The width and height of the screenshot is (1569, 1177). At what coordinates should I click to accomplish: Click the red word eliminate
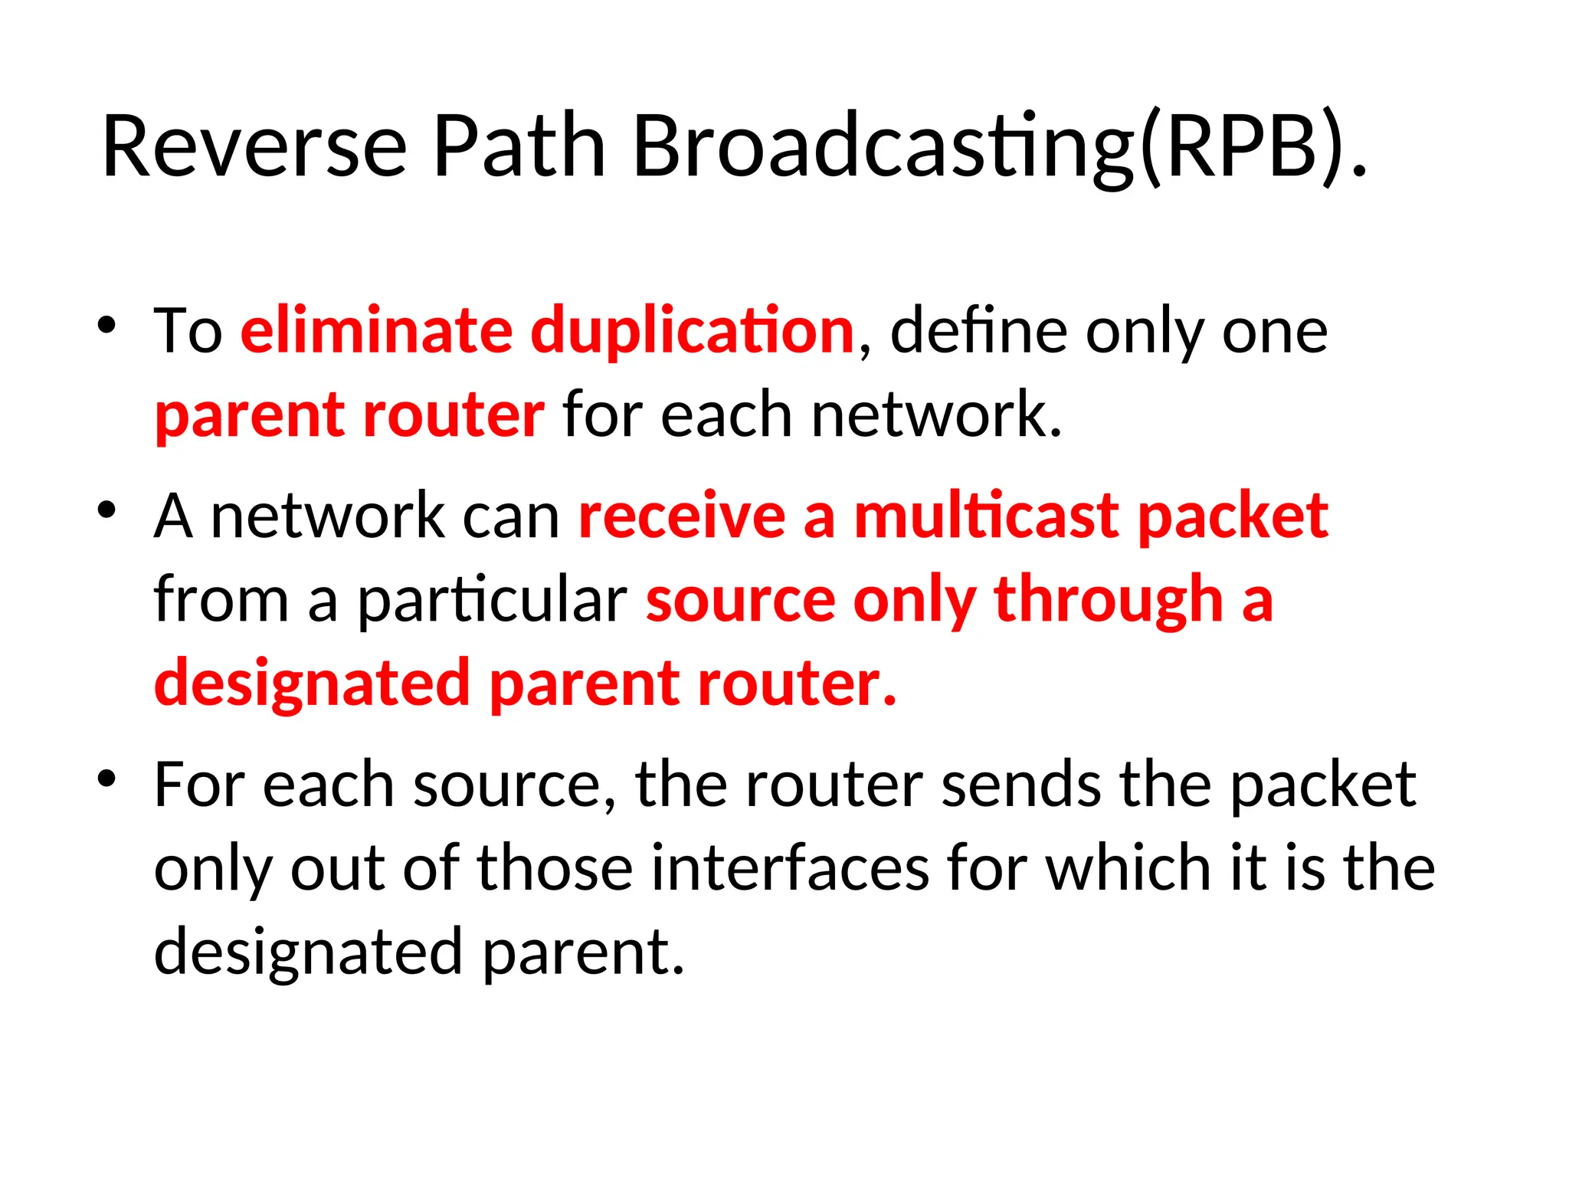pos(376,330)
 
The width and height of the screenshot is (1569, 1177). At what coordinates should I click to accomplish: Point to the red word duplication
pos(693,330)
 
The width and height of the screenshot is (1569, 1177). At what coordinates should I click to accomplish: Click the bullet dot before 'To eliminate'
pos(106,325)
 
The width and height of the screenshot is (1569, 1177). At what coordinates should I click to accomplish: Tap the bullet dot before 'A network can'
pos(106,510)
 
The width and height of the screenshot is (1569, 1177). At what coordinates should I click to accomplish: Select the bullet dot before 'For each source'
pos(106,779)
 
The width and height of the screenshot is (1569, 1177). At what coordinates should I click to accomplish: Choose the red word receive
pos(682,516)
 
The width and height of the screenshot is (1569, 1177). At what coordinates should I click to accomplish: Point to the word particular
pos(493,600)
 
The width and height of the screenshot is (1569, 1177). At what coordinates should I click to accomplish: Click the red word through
pos(1108,600)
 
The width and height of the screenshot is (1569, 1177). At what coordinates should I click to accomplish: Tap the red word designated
pos(312,683)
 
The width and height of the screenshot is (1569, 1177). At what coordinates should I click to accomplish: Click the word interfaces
pos(789,868)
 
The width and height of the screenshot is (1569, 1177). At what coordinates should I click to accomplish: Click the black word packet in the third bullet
pos(1322,785)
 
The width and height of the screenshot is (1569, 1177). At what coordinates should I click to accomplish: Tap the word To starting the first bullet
pos(188,330)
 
